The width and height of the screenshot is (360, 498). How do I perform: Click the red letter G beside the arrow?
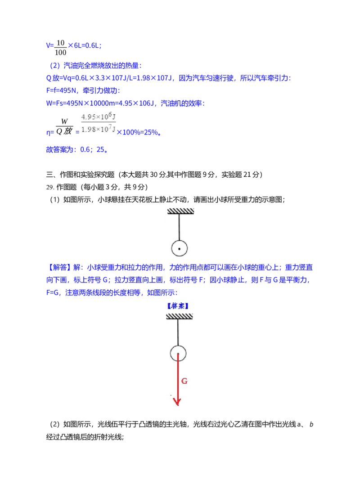(184, 381)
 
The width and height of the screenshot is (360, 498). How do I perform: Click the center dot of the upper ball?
(179, 249)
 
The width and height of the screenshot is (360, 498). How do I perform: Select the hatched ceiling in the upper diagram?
(180, 211)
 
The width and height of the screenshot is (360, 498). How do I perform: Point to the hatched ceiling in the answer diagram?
(179, 316)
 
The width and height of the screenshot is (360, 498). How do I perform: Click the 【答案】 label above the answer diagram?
(178, 306)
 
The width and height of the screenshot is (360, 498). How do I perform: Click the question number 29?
(49, 187)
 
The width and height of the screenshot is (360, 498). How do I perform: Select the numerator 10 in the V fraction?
(60, 43)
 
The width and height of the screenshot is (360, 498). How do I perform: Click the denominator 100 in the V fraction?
(60, 52)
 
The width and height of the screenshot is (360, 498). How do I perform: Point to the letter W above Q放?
(64, 121)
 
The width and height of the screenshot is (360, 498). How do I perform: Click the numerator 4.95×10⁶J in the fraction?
(99, 116)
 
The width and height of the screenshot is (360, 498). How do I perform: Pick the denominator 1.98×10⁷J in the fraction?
(99, 129)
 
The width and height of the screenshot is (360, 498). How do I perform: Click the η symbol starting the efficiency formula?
(49, 132)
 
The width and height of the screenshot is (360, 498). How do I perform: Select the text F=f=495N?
(62, 90)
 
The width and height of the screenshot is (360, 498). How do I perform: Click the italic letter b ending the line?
(311, 424)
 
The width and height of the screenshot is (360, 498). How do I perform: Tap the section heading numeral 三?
(49, 175)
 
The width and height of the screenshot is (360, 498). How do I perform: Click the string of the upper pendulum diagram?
(179, 227)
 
